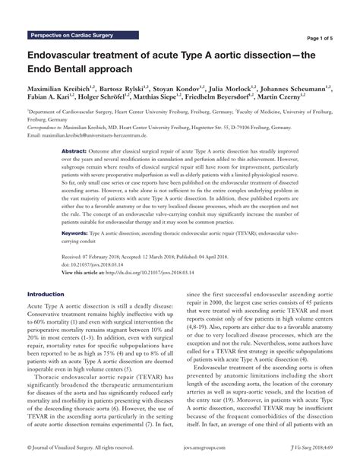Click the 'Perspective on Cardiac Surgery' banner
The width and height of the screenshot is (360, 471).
(x=71, y=36)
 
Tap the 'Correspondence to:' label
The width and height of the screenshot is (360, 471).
(x=46, y=128)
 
